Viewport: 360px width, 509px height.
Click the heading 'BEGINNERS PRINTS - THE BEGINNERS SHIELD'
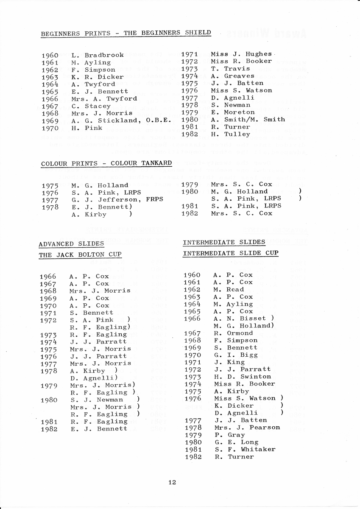click(x=126, y=33)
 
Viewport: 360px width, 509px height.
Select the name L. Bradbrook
click(x=98, y=55)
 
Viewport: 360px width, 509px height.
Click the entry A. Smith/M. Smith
click(x=248, y=120)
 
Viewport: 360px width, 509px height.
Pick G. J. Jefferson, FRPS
click(x=117, y=200)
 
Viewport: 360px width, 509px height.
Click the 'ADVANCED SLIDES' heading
click(x=71, y=244)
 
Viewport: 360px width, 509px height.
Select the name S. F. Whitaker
click(x=245, y=450)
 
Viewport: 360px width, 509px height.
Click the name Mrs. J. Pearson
click(x=247, y=428)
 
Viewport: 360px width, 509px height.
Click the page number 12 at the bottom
click(x=172, y=482)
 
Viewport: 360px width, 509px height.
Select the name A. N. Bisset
click(x=240, y=319)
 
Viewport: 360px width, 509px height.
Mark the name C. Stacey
click(x=91, y=106)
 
